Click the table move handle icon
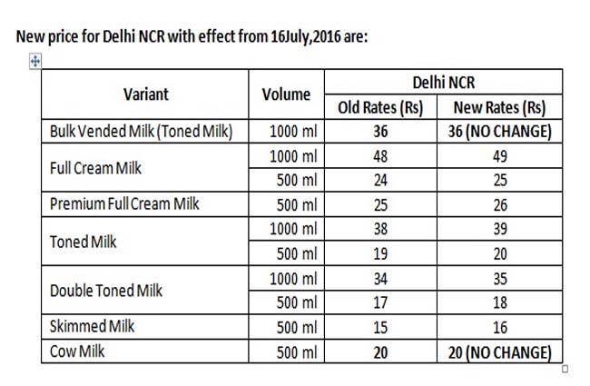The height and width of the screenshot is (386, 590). click(x=35, y=61)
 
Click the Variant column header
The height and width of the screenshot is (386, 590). click(x=146, y=94)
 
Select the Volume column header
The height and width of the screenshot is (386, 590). click(x=286, y=94)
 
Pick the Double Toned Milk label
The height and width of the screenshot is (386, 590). click(x=107, y=291)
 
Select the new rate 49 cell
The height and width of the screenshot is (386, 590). click(x=498, y=155)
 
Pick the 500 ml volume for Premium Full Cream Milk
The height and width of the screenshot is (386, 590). click(x=293, y=203)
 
